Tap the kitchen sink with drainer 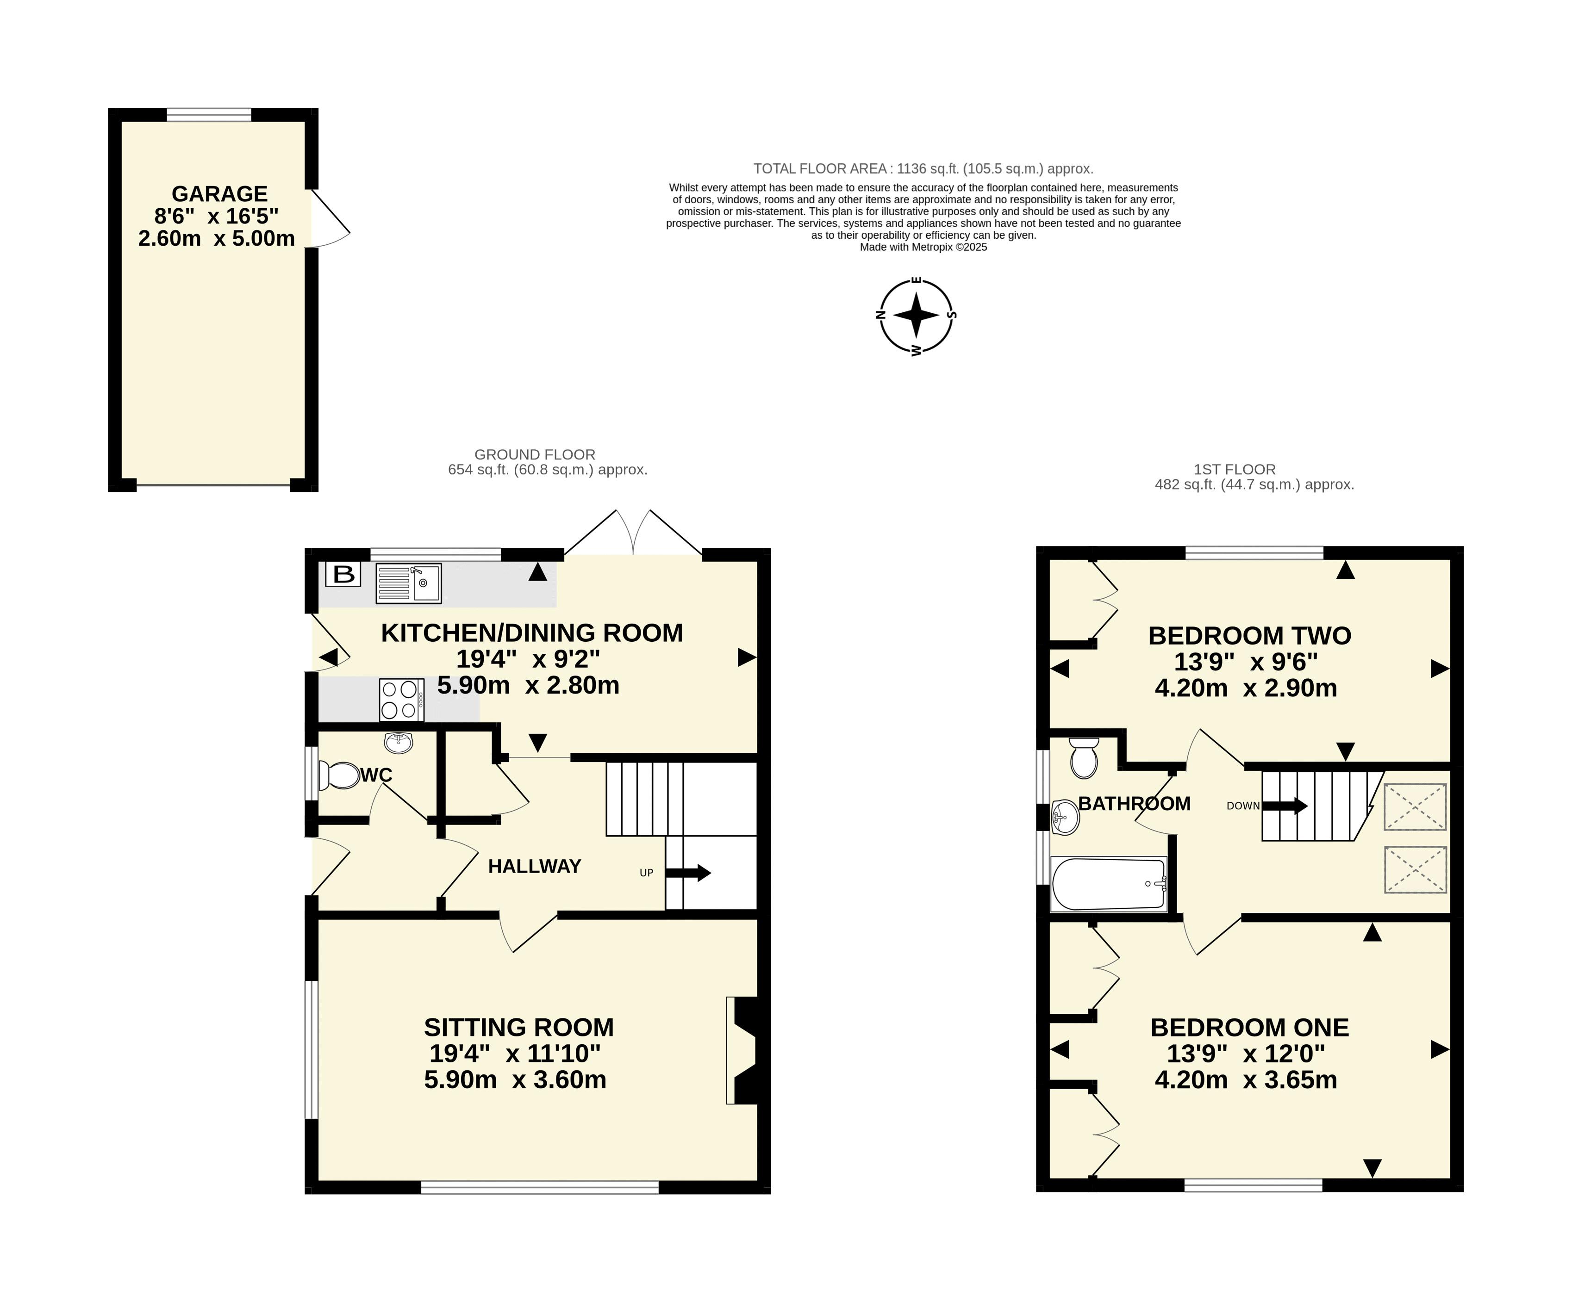[x=408, y=583]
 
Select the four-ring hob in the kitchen [x=402, y=700]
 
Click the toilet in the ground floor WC [x=339, y=775]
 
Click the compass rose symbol [x=916, y=315]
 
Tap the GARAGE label [x=219, y=194]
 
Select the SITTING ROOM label [x=519, y=1027]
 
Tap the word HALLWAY [x=535, y=867]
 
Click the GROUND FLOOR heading [x=535, y=454]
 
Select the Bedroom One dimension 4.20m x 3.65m [x=1246, y=1080]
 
